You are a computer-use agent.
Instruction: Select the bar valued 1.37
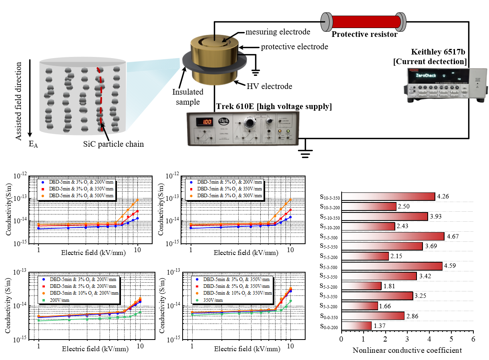click(x=356, y=326)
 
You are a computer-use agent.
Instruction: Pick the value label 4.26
click(x=443, y=196)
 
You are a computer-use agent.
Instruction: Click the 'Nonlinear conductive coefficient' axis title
click(x=407, y=350)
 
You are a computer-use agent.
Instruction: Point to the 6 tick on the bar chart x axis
click(x=473, y=339)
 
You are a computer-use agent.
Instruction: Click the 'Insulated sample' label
click(x=188, y=97)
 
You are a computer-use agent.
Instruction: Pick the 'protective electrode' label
click(x=294, y=47)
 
